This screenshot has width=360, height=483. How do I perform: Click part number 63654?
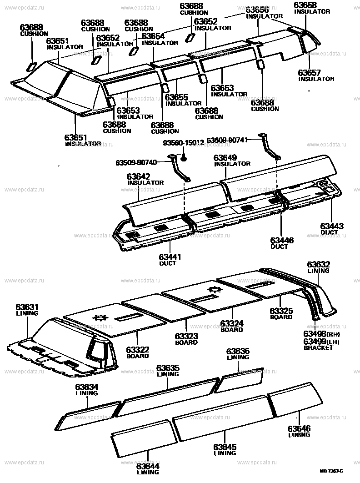click(x=153, y=36)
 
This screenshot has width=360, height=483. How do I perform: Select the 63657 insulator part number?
click(x=310, y=73)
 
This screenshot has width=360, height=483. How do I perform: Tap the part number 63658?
click(x=305, y=5)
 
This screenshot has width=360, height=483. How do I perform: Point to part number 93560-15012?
click(x=183, y=143)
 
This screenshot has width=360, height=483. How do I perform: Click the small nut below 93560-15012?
click(x=184, y=158)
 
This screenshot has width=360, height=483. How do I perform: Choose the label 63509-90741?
click(x=227, y=140)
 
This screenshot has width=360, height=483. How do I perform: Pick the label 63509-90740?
click(x=136, y=162)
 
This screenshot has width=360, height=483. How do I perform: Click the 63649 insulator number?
click(x=225, y=157)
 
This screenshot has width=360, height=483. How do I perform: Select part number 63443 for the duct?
click(x=331, y=226)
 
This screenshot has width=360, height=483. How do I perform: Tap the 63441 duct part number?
click(x=170, y=257)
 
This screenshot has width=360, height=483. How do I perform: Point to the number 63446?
click(x=282, y=240)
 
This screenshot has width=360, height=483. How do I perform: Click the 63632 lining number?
click(x=318, y=264)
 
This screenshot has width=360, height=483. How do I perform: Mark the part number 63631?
click(x=27, y=307)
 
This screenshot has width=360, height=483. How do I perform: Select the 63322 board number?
click(x=137, y=349)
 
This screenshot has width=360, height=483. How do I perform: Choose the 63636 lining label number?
click(x=238, y=351)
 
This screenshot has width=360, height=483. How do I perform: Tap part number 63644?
click(x=148, y=465)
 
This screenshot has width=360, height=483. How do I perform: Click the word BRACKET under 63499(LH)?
click(x=318, y=348)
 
